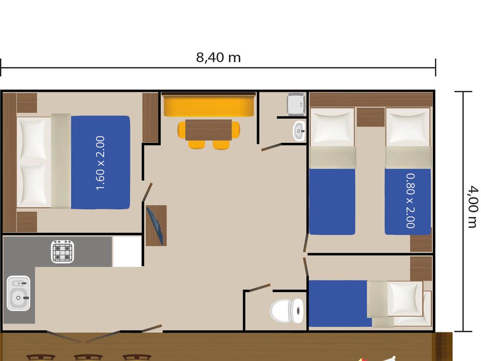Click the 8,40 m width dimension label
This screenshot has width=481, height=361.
[x=218, y=57]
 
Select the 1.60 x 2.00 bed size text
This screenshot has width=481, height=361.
[x=100, y=162]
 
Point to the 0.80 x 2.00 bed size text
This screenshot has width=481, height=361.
[x=410, y=201]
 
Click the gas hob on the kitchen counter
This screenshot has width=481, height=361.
[x=63, y=252]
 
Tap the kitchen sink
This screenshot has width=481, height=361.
[x=19, y=293]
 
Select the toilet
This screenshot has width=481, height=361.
[x=287, y=311]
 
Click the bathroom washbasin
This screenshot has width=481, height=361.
[x=299, y=131]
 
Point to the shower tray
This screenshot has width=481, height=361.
[x=296, y=104]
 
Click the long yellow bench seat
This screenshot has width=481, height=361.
[x=209, y=105]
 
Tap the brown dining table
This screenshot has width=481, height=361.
[x=208, y=130]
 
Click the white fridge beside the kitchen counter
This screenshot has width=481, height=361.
[x=127, y=251]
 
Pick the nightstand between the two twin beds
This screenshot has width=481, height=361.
[x=371, y=117]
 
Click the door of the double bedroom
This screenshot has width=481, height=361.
[x=147, y=193]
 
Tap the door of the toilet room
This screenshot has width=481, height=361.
[x=260, y=288]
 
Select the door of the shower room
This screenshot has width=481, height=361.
[x=271, y=147]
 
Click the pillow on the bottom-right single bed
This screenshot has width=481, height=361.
[x=405, y=298]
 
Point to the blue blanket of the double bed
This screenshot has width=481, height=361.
[x=100, y=162]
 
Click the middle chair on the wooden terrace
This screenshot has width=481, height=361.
[x=88, y=357]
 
